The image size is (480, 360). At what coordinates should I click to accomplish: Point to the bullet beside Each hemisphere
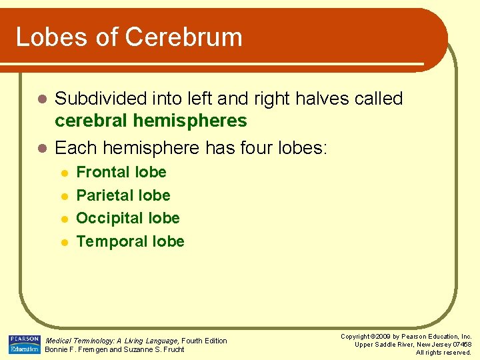click(41, 148)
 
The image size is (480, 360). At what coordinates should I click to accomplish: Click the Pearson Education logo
click(25, 344)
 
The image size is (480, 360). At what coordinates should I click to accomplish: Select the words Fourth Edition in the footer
click(205, 341)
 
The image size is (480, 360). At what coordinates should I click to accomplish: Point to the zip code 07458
click(461, 344)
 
